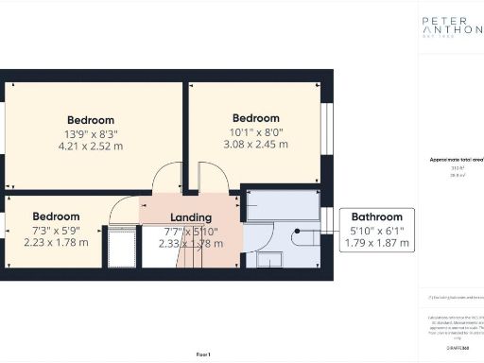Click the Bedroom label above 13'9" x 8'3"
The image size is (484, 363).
pyautogui.click(x=91, y=120)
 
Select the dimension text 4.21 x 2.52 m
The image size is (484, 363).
pyautogui.click(x=91, y=147)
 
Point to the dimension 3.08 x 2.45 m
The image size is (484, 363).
pyautogui.click(x=256, y=145)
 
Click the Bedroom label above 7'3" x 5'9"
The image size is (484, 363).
pyautogui.click(x=56, y=216)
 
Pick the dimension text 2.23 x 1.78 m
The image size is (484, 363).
pyautogui.click(x=56, y=242)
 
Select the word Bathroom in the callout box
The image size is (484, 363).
pyautogui.click(x=377, y=216)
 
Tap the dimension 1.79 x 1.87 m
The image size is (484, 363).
pyautogui.click(x=377, y=243)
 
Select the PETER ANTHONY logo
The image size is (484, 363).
pyautogui.click(x=451, y=26)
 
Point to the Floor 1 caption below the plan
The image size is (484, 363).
pyautogui.click(x=202, y=353)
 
